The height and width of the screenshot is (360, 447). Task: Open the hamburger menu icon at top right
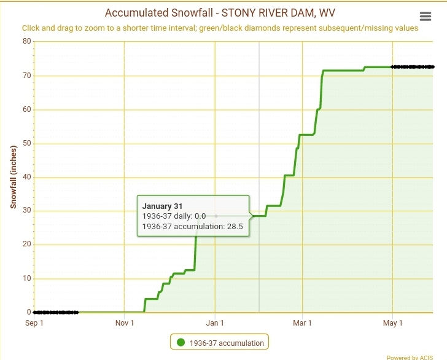tap(425, 17)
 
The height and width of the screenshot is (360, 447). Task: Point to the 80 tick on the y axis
tap(26, 42)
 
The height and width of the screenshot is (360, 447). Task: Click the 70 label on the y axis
tap(26, 76)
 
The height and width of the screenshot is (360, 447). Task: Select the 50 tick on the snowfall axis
tap(26, 143)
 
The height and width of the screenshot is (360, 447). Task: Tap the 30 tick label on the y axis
tap(26, 211)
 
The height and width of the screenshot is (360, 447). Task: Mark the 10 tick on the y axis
tap(26, 278)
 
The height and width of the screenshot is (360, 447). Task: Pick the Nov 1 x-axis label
tap(125, 323)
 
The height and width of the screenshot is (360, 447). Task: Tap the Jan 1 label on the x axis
tap(215, 323)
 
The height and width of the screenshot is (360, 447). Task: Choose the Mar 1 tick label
tap(302, 323)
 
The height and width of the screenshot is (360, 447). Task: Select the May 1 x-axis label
tap(392, 323)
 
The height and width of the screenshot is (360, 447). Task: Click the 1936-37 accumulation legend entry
tap(227, 343)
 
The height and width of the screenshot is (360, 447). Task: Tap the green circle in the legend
tap(181, 343)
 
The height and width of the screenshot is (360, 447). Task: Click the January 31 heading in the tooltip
tap(163, 206)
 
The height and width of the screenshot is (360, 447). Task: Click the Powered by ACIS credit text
tap(410, 357)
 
